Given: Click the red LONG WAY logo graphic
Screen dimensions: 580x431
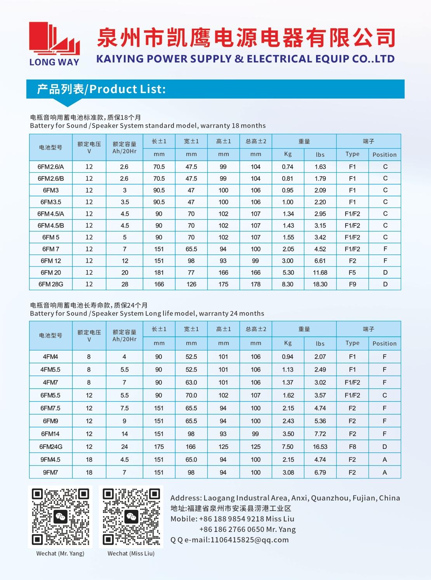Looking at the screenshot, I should (54, 39).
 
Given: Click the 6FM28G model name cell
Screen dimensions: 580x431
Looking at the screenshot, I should (51, 284).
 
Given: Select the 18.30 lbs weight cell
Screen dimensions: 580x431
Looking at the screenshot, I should (320, 284).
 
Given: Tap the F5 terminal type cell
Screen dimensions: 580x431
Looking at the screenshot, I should (352, 273).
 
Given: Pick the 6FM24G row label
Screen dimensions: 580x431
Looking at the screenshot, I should (51, 447).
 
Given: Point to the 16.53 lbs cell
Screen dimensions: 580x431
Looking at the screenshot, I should (320, 447).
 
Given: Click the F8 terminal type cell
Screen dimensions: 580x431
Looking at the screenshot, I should (352, 447).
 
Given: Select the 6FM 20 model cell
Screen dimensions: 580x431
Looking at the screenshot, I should (51, 273).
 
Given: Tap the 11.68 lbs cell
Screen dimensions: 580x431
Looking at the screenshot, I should (320, 273).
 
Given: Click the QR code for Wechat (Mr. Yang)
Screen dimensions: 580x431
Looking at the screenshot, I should (61, 517).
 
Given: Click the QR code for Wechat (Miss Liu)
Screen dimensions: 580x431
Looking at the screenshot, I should (131, 517).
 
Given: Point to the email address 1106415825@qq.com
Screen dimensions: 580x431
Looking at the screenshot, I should (249, 540).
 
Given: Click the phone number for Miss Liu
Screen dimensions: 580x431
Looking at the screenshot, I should (231, 519).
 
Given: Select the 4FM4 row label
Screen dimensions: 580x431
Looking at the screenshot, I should (50, 357).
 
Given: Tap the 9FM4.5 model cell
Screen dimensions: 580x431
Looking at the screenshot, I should (50, 460).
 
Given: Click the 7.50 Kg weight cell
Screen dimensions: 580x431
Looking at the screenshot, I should (288, 447).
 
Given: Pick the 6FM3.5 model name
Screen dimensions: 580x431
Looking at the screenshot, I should (51, 202).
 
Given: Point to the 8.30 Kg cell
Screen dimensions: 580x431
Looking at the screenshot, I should (288, 284).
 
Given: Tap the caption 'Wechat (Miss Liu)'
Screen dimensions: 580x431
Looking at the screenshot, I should (131, 554).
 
